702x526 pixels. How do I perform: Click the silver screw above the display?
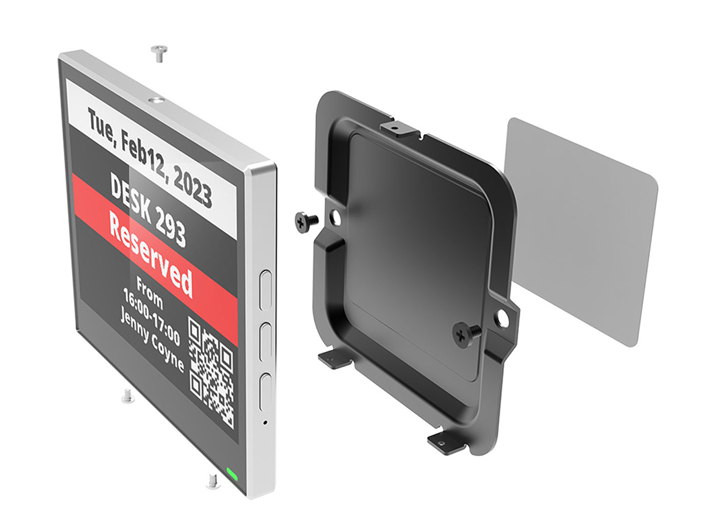pos(158,53)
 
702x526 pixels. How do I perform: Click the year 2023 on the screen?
pos(192,186)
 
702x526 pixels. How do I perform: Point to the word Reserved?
pos(151,255)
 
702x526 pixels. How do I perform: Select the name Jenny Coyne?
pos(152,341)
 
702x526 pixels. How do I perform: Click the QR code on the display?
pos(211,372)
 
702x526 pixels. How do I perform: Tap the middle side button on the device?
pos(266,341)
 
